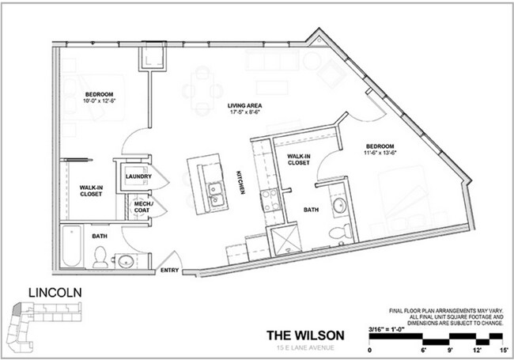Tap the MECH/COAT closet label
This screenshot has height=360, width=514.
(x=142, y=208)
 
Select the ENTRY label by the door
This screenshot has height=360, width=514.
(x=170, y=271)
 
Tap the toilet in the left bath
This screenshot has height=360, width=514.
(x=101, y=255)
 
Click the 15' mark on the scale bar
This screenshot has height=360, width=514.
(x=502, y=349)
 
